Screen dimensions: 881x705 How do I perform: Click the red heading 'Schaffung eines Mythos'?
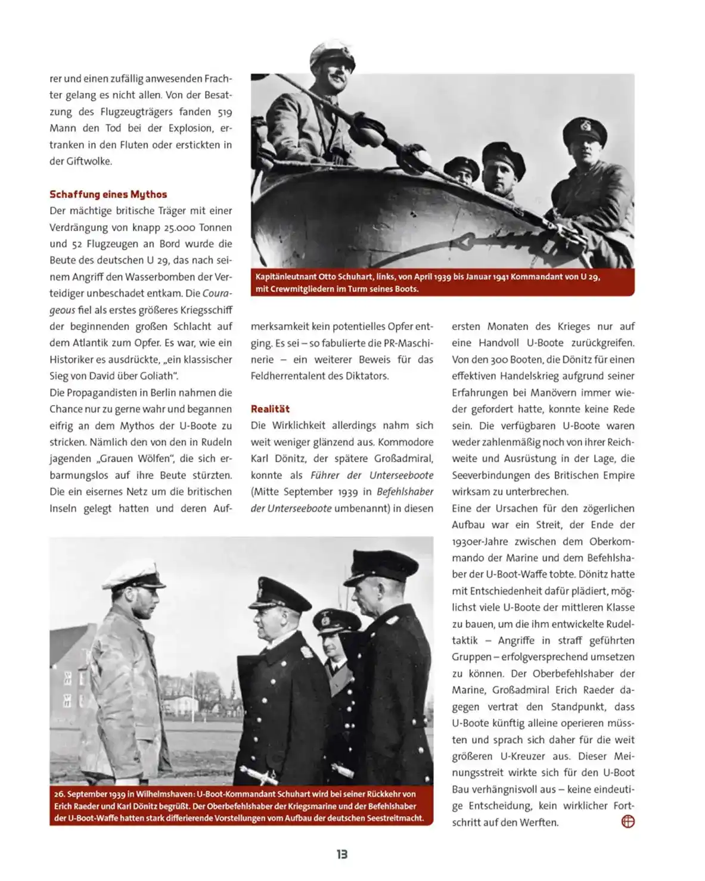[108, 194]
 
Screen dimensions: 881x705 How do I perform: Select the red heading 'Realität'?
[270, 409]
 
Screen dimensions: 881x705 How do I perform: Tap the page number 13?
[341, 854]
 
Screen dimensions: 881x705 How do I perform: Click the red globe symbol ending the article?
[628, 822]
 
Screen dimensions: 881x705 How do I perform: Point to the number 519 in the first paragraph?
[224, 111]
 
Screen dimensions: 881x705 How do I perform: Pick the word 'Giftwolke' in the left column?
[89, 161]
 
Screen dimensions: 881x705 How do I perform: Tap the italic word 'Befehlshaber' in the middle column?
[405, 491]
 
